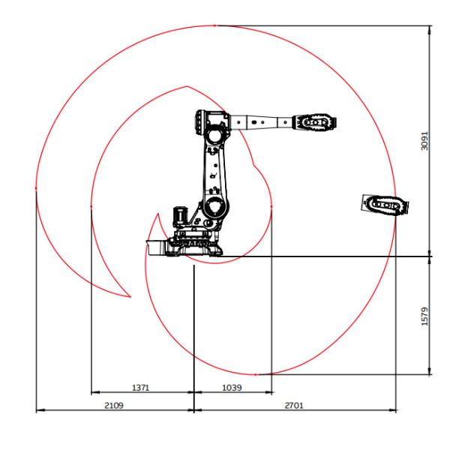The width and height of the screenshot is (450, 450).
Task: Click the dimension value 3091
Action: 424,141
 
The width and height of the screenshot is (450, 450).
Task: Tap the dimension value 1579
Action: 424,316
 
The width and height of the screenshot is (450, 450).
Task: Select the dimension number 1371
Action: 141,388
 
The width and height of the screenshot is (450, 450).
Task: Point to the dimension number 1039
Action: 232,388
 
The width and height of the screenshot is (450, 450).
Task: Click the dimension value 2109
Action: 114,406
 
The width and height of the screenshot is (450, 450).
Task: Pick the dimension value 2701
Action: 294,406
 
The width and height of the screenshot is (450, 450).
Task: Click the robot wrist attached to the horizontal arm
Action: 314,122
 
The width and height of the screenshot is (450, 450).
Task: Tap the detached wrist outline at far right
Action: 385,205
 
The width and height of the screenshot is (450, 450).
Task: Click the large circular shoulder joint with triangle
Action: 214,207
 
